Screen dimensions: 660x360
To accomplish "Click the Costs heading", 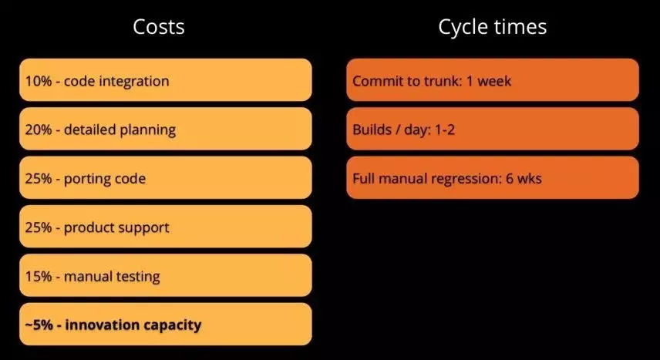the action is click(159, 27).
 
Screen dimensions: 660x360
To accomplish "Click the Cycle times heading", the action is click(493, 27).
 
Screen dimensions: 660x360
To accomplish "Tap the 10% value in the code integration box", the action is click(39, 81).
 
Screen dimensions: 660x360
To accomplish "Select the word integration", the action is click(134, 82).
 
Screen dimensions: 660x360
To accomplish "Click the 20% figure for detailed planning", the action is click(39, 130).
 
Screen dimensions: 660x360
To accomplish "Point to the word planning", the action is click(148, 130).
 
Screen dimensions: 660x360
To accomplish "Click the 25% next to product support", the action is click(39, 227).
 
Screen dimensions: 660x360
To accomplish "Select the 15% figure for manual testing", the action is click(39, 276).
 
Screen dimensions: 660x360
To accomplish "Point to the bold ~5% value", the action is click(39, 325).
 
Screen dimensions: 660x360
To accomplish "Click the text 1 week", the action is click(489, 81).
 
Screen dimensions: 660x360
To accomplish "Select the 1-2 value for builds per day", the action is click(444, 130).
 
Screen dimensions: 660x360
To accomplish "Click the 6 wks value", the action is click(524, 179).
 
